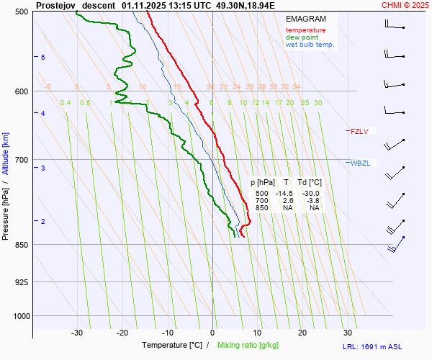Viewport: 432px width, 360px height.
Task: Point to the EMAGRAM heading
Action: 305,19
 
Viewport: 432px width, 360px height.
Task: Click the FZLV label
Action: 359,131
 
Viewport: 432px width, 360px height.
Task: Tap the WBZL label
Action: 360,163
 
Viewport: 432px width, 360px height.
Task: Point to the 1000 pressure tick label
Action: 21,315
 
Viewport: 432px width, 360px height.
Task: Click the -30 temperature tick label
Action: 77,333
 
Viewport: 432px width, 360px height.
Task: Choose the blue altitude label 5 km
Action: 42,57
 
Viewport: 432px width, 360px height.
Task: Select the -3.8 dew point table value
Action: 312,201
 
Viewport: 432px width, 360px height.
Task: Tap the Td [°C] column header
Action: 312,184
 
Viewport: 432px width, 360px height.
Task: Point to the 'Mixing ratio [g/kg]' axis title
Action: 248,346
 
